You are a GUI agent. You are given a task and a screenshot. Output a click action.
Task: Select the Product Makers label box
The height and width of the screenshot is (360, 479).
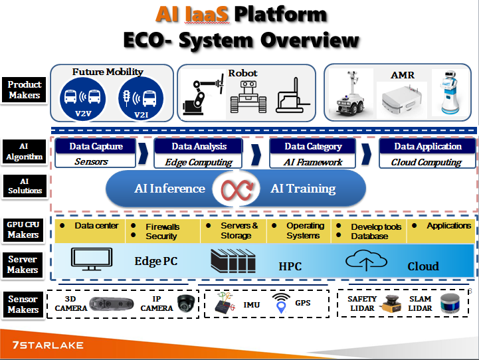tap(25, 90)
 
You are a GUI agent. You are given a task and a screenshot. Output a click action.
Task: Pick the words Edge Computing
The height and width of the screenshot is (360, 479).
tap(193, 162)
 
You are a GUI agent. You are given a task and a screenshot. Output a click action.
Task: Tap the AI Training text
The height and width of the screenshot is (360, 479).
tap(303, 189)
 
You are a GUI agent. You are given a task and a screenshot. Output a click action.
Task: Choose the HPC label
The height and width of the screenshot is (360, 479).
tap(290, 266)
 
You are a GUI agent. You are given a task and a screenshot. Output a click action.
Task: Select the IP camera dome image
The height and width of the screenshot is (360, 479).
tap(184, 304)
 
